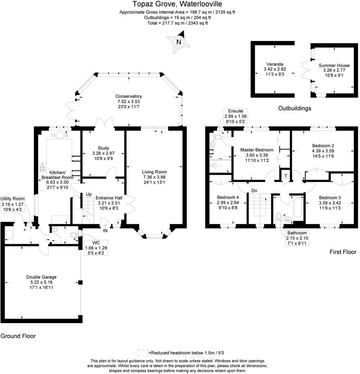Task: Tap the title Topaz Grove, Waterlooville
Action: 177,4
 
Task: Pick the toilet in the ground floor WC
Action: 74,235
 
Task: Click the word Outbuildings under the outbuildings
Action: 295,108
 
